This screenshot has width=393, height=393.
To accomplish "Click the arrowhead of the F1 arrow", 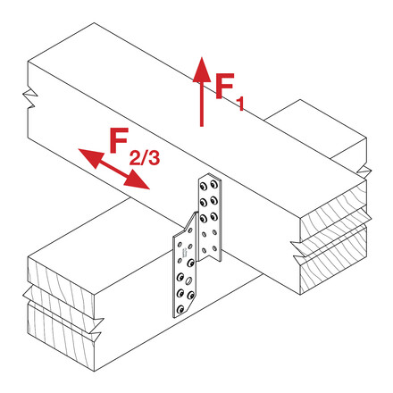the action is point(202,70).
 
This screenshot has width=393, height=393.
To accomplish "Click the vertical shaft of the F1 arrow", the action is point(202,105).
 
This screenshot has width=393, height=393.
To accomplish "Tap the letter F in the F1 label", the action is point(225,86).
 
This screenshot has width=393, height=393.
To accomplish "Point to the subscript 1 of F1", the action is point(240,104).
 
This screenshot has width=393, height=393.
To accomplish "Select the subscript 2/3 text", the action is point(145,157).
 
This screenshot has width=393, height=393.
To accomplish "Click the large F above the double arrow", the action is point(119,140).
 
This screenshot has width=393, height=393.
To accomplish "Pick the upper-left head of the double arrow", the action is point(90,158).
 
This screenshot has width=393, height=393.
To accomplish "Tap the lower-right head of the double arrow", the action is point(137,180).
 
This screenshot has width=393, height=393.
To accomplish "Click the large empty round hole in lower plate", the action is point(188,280).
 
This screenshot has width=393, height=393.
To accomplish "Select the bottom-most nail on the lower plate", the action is point(180,310).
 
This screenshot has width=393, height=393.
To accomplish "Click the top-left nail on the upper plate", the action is point(204,187).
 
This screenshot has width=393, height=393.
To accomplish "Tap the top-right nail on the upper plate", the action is point(213,184).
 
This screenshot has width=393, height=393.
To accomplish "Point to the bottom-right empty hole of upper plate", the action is point(214,248).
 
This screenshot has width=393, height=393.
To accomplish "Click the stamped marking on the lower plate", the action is point(185,254).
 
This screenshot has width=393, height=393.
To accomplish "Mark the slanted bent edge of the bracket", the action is point(190,222).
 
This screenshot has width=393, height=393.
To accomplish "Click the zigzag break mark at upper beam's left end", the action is point(30,98).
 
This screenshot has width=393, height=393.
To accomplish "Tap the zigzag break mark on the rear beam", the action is point(364,171).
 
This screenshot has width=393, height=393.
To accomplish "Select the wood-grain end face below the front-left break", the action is point(61,337).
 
